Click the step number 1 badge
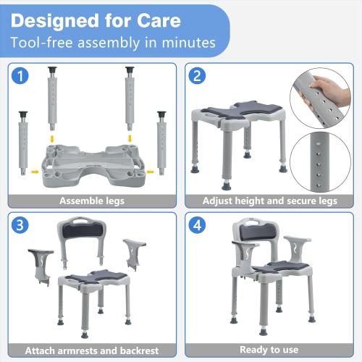pyautogui.click(x=22, y=75)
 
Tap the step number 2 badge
pyautogui.click(x=198, y=75)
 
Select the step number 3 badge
pyautogui.click(x=22, y=225)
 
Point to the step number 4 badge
pyautogui.click(x=198, y=225)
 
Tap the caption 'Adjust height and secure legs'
pyautogui.click(x=270, y=201)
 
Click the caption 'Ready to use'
pyautogui.click(x=270, y=350)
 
